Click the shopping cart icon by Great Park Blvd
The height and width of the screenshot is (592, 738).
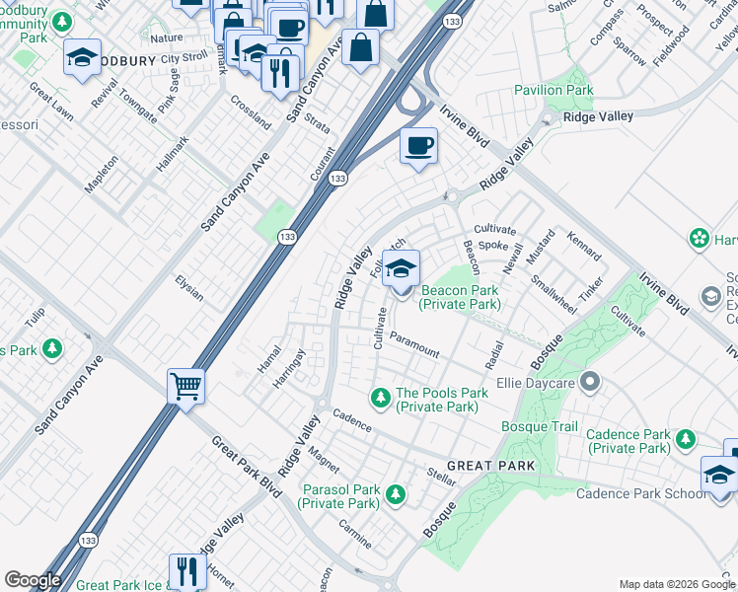pos(185,386)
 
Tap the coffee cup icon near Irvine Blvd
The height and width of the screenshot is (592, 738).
pos(418,147)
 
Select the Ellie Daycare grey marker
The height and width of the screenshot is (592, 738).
pos(590,380)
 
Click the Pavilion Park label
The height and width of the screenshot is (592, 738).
pos(553,90)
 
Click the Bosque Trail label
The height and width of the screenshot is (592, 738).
pos(539,426)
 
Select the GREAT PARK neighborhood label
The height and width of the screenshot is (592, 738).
pos(490,465)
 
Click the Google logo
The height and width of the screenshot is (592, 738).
pos(33,580)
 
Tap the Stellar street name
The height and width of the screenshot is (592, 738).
pos(441,478)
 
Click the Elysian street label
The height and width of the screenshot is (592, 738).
pos(188,289)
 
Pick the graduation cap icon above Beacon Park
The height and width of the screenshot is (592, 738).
pos(401,267)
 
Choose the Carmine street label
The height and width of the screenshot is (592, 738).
pos(355,534)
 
